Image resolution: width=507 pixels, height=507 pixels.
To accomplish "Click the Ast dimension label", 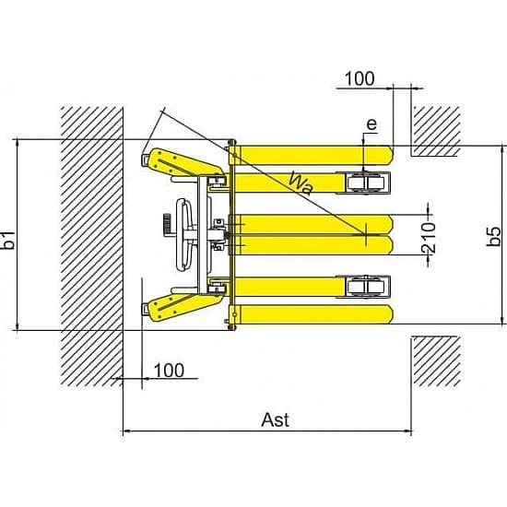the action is coord(276,420).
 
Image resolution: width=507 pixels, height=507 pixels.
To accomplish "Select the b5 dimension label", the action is coord(494,237).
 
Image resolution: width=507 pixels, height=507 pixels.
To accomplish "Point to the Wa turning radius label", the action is coord(301,183).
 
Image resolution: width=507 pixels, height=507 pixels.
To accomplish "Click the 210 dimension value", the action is coord(429,238).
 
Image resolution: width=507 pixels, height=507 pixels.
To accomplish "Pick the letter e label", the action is coord(371,124).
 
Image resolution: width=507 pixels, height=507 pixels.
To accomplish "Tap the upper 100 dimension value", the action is coord(360,78).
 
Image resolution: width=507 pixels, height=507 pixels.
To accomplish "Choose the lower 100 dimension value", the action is coord(169,371).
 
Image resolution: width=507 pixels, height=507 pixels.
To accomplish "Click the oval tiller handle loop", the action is coord(184,235).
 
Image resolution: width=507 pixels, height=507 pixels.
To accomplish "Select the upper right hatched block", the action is coord(437,131).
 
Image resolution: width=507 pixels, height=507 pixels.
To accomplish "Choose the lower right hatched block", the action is coord(437,361).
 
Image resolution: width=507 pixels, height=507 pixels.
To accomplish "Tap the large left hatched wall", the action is coord(92,246).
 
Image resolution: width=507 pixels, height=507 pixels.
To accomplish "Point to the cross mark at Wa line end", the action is coord(366,234).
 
